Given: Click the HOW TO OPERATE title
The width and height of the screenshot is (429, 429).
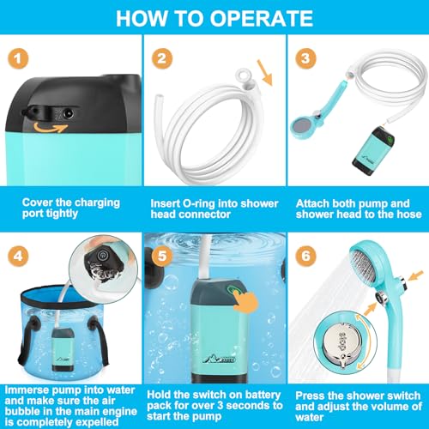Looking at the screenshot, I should click(214, 18).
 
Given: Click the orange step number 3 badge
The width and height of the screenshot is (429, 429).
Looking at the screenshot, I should click(303, 57).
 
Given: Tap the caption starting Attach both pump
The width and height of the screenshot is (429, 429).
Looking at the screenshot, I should click(354, 209).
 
